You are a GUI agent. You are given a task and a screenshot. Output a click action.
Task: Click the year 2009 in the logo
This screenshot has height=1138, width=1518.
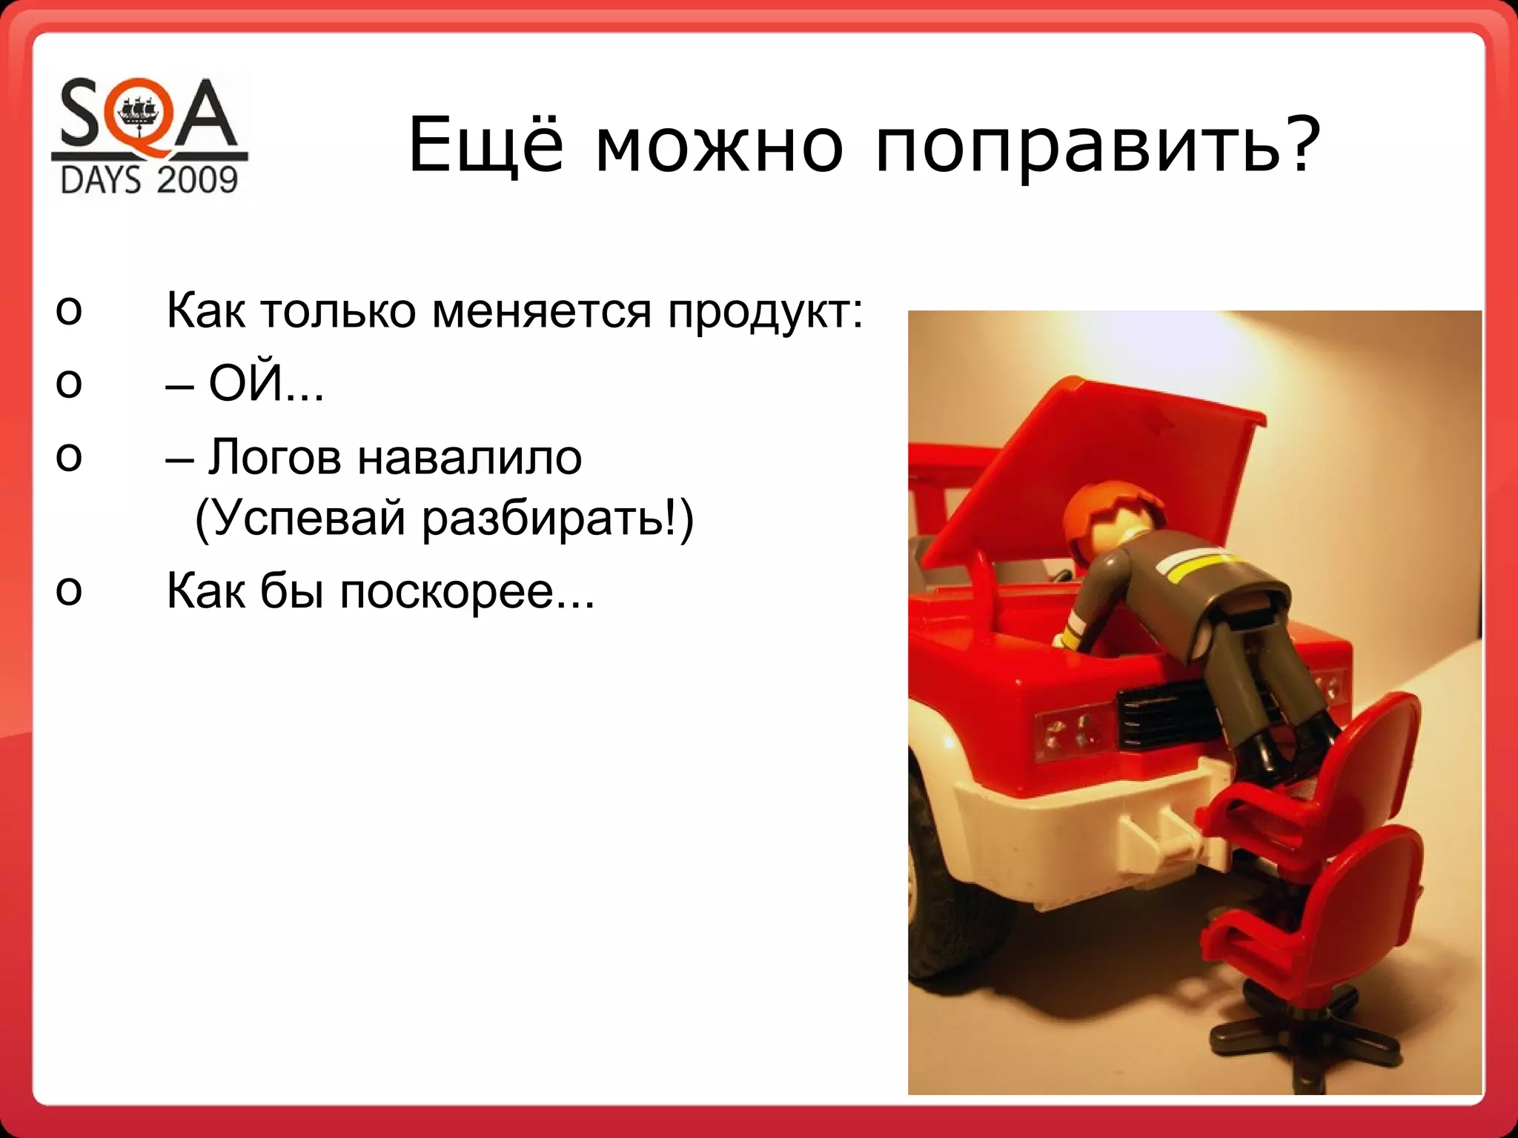pos(197,180)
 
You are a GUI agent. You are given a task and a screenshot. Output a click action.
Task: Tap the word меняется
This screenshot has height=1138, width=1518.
pos(541,311)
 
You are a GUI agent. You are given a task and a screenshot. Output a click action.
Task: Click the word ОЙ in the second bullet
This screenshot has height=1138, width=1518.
pos(246,383)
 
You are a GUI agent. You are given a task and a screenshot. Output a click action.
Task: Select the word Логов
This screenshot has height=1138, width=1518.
pos(274,457)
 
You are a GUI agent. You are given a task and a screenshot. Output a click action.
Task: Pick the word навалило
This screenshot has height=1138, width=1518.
pos(469,457)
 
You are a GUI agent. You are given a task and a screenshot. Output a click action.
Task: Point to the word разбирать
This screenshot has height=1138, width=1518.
pos(543,518)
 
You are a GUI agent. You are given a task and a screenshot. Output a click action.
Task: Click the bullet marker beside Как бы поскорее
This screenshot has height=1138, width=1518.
pos(68,590)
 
